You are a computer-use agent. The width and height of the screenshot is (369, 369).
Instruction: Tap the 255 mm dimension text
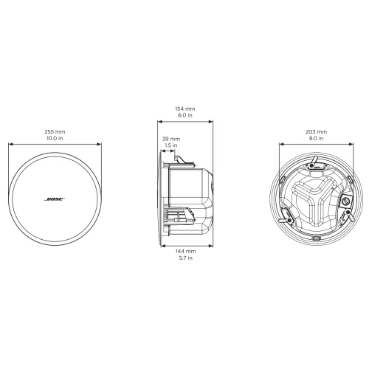coord(55,131)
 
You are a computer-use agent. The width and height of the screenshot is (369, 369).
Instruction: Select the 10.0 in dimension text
coord(55,138)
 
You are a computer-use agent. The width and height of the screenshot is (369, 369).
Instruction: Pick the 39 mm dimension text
coord(171,138)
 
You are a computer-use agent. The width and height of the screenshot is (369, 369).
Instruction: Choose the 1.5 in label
coord(171,145)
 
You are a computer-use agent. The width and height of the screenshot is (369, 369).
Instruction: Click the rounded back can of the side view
coord(193,199)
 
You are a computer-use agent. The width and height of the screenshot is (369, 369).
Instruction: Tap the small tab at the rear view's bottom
coord(316,239)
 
